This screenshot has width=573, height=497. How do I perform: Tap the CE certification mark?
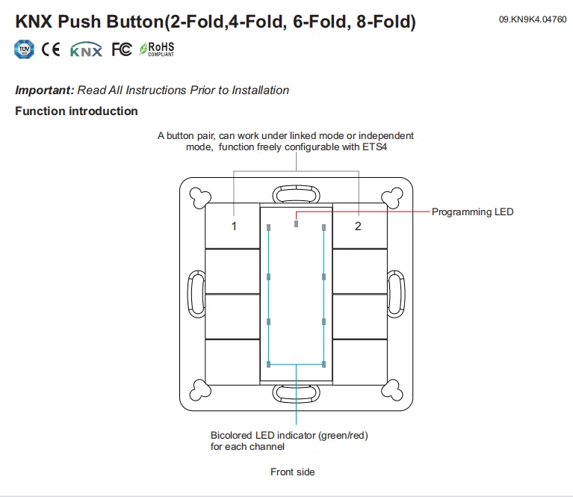coord(52,50)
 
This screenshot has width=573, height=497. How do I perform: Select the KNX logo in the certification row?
coord(86,50)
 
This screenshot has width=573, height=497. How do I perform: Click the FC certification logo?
coord(121,50)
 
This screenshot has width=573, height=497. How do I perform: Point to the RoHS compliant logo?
coord(157,50)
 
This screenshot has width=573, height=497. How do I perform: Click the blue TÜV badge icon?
coord(25,50)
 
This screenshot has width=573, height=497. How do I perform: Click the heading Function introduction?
coord(76,111)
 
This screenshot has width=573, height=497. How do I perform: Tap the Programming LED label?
coord(472,212)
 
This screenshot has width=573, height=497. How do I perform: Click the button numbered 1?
coord(233,226)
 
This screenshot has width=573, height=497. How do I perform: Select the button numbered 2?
coord(358,226)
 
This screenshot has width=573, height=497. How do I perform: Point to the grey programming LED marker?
coord(297,223)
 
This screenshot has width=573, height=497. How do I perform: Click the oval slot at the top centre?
coord(296,194)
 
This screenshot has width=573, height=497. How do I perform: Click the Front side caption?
coord(292,472)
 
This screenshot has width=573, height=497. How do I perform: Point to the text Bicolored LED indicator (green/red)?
coord(289,435)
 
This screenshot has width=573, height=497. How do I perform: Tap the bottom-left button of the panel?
coord(232,362)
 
